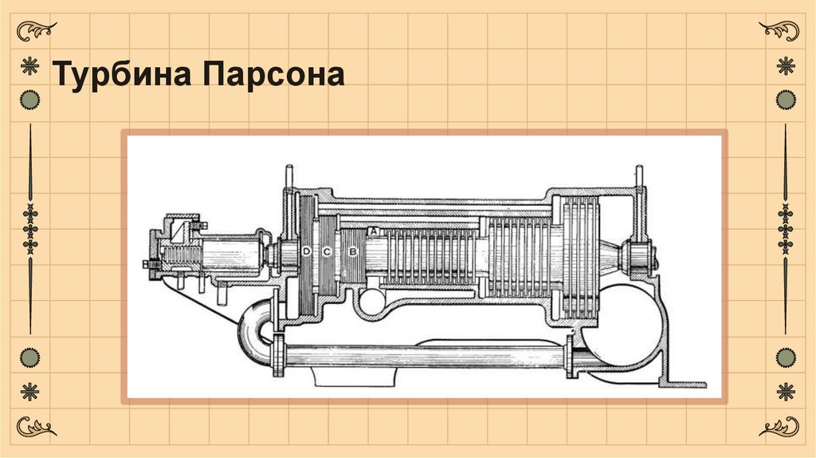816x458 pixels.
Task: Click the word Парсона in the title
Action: [273, 73]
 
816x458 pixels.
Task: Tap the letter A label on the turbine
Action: [375, 231]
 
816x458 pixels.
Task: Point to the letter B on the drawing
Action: [353, 252]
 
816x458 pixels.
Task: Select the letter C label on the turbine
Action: [327, 252]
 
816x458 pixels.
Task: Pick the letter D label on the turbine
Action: [306, 252]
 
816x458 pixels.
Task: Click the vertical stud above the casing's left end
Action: [288, 177]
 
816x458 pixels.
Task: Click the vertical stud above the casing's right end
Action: [639, 177]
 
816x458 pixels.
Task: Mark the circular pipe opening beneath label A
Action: [371, 302]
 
